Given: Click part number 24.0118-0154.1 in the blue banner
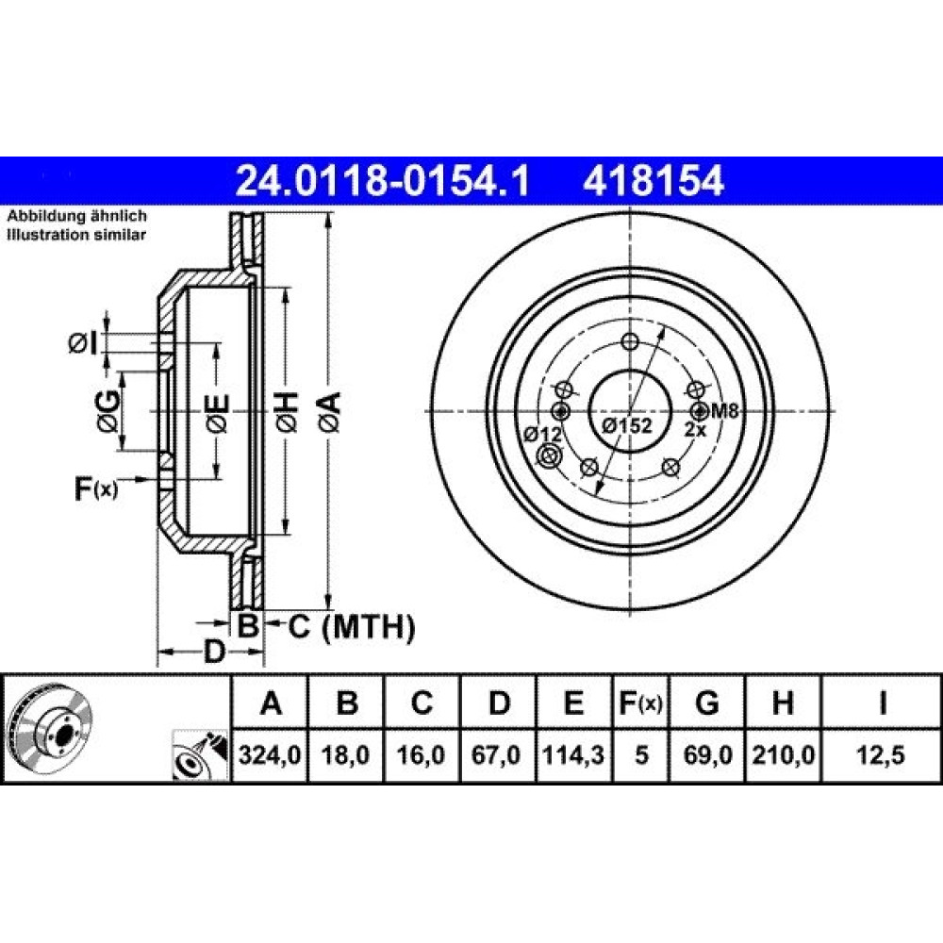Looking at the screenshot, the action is point(383,180).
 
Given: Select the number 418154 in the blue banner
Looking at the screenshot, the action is point(653,180).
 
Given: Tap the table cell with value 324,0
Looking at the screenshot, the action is point(270,754).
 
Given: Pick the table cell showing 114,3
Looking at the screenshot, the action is point(573,754).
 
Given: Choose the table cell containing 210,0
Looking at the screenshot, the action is point(783,754).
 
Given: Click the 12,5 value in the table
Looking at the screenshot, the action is point(881,754).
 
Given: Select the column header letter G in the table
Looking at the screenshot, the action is point(706,702).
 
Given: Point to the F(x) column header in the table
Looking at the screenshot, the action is point(640,703).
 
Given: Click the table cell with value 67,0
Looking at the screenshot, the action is point(497,754).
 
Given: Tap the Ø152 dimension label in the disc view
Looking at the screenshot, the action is point(627,425).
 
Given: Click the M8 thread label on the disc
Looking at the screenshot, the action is point(724,411).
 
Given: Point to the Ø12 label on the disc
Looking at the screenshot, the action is point(541,433).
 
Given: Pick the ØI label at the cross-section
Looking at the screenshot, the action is point(83,343).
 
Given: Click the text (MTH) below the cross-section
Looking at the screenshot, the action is point(368,627).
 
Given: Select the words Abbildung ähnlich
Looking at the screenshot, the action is point(76,216).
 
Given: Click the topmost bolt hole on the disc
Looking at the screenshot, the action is point(630,341).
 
